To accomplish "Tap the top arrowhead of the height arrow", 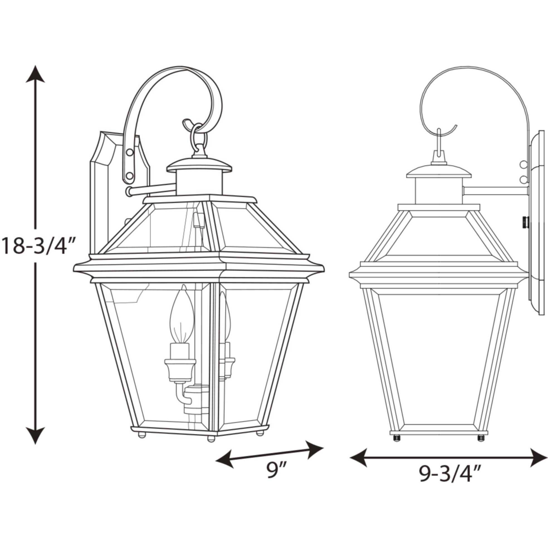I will [x=35, y=74].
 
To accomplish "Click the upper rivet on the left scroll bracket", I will [x=130, y=153].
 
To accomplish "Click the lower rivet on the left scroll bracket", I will [x=130, y=176].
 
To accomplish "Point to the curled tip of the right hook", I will [x=455, y=126].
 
